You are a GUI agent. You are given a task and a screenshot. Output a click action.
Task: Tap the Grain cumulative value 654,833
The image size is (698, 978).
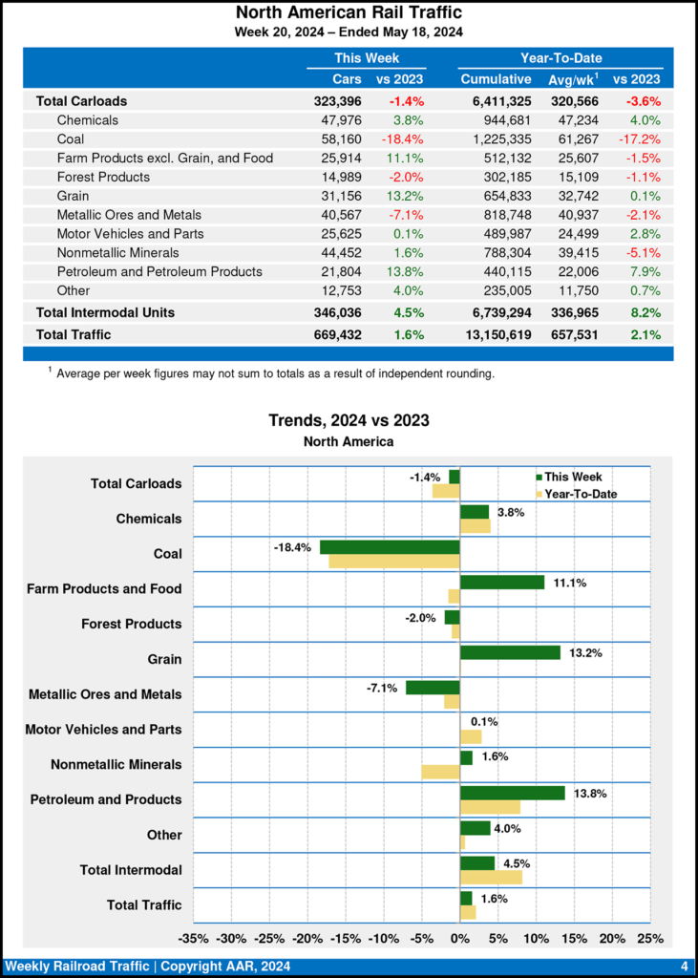(503, 196)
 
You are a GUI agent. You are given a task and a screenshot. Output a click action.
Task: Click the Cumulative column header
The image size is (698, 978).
(496, 79)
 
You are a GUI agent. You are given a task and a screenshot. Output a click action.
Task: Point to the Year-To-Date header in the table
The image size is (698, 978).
(561, 58)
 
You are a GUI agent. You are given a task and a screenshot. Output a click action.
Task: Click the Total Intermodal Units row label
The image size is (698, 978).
(105, 312)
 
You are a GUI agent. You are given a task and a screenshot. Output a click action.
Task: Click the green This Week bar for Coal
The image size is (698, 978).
(390, 547)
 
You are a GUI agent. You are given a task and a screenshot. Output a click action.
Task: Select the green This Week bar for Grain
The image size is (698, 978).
(510, 652)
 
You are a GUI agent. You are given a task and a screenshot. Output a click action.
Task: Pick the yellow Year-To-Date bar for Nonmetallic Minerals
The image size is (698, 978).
(440, 772)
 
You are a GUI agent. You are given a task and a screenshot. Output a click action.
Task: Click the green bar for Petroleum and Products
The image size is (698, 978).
(513, 793)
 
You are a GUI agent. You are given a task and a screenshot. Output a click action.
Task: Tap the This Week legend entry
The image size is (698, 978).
(571, 478)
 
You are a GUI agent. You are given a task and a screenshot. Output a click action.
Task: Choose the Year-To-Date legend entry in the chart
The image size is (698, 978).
(578, 494)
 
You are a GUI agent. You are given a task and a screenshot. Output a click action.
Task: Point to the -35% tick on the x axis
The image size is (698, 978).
(194, 938)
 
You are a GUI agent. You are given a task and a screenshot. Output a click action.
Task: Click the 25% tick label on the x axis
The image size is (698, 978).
(649, 938)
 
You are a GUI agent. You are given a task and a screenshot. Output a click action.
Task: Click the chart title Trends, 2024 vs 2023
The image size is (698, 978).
(349, 420)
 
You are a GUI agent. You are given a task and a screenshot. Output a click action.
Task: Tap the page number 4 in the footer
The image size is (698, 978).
(684, 967)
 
